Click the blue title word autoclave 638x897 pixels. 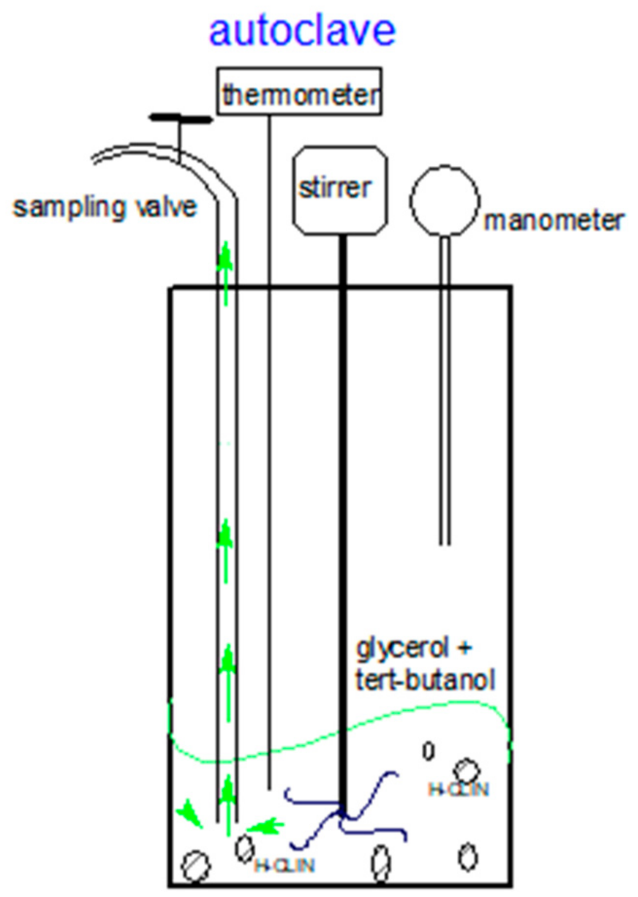(x=302, y=31)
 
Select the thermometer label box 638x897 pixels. (x=299, y=92)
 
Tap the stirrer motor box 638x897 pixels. (x=340, y=190)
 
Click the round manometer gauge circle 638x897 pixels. (x=444, y=201)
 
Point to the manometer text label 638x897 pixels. (x=553, y=221)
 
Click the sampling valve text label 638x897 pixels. (x=105, y=207)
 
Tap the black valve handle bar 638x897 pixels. (x=180, y=119)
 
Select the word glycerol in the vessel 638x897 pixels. (x=402, y=649)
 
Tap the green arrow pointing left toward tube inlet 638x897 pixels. (x=264, y=826)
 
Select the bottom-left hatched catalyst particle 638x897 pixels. (x=196, y=866)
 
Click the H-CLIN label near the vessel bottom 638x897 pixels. (x=284, y=866)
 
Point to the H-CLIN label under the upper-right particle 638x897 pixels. (x=458, y=791)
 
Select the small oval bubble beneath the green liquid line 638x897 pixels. (x=428, y=751)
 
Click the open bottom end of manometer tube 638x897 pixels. (x=445, y=543)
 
